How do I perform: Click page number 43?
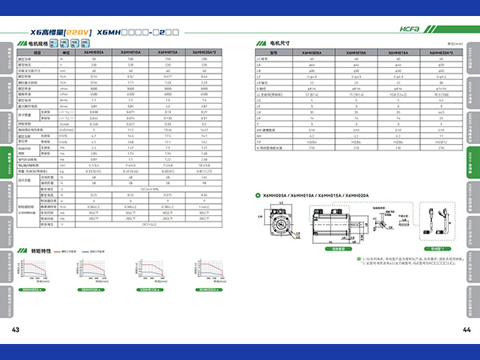click(14, 330)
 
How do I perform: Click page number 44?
click(466, 330)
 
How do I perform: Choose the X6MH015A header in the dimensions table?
click(398, 51)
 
